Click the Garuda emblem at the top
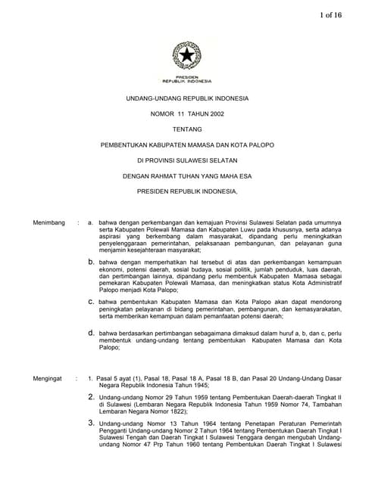point(186,55)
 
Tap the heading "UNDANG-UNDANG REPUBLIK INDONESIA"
point(187,99)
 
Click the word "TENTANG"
point(187,129)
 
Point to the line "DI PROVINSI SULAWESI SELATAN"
point(187,160)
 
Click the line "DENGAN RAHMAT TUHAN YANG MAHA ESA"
point(187,175)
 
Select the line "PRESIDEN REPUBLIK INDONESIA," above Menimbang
point(187,191)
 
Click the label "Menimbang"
point(49,223)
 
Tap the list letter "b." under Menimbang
point(91,261)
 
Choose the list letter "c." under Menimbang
point(91,300)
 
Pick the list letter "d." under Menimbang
point(91,332)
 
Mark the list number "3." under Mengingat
point(92,423)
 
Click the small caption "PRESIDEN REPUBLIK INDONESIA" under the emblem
point(186,79)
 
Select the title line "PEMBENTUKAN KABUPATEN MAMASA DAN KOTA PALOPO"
point(187,144)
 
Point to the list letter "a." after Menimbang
point(91,223)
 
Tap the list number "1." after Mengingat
point(91,377)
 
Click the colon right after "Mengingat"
point(77,377)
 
